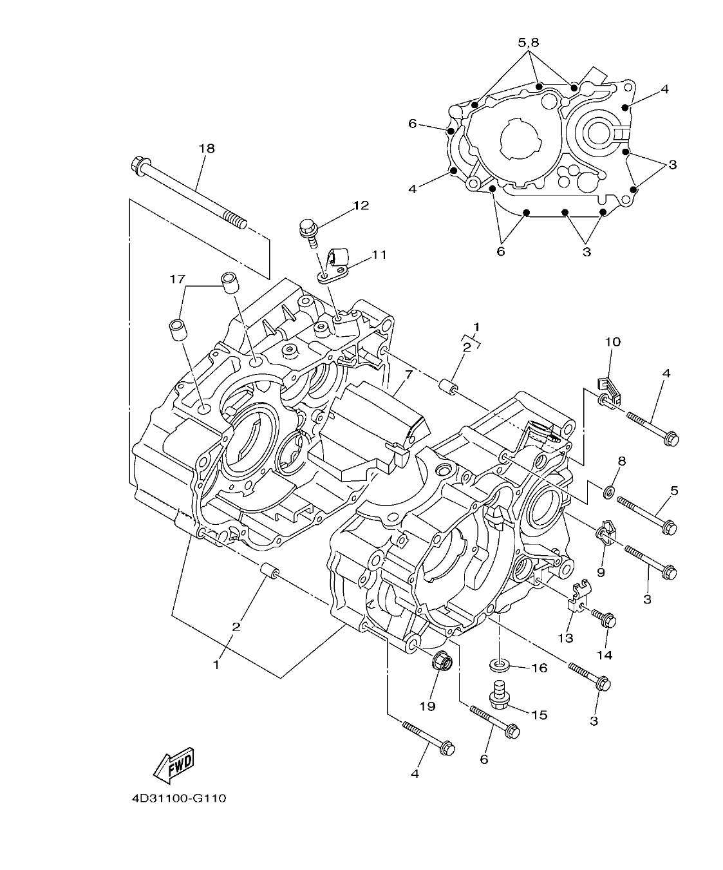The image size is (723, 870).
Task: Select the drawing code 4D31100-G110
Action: pos(178,799)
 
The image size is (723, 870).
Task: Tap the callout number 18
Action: pos(207,148)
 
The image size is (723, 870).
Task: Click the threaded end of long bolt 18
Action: pos(235,222)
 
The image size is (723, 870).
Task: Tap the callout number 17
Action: pos(178,279)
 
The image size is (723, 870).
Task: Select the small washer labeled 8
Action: pos(608,493)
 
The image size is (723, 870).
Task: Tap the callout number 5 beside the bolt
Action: pos(673,491)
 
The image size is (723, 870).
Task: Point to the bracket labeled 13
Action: pos(576,598)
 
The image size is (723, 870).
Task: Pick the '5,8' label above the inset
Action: pos(528,43)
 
